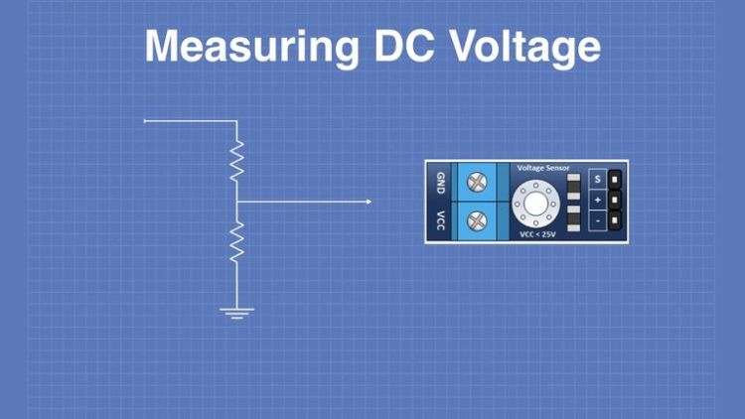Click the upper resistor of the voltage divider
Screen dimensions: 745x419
[x=236, y=160]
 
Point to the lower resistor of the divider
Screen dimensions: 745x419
[x=236, y=242]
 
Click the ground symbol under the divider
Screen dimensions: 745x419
[x=236, y=314]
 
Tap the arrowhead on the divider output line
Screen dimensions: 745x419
[x=369, y=203]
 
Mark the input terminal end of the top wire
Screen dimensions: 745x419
[x=146, y=121]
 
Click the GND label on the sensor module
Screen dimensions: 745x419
[x=440, y=183]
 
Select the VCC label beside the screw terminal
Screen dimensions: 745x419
[x=440, y=220]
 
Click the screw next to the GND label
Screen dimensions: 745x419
[x=477, y=182]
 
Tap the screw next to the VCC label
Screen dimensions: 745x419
[x=477, y=219]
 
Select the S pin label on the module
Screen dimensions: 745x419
[x=597, y=180]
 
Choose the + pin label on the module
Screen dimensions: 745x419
[x=597, y=200]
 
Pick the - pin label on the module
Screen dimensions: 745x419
[x=597, y=219]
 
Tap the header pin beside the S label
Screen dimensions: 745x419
[x=616, y=180]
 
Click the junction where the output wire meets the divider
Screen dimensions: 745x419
[x=236, y=203]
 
